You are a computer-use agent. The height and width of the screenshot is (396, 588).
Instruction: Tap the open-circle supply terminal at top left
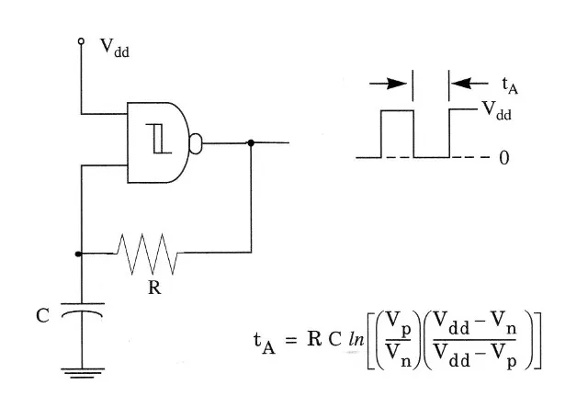click(x=81, y=42)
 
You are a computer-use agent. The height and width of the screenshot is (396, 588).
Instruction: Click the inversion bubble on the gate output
click(x=195, y=142)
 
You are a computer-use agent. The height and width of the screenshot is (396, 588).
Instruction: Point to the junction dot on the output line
click(x=251, y=142)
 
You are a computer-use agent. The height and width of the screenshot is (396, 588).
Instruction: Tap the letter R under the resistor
click(x=153, y=287)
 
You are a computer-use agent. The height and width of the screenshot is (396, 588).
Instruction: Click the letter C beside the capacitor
click(x=41, y=315)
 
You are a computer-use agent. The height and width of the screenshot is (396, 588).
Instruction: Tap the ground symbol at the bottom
click(x=81, y=373)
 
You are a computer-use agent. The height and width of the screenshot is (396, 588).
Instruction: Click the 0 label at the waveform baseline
click(x=503, y=158)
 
